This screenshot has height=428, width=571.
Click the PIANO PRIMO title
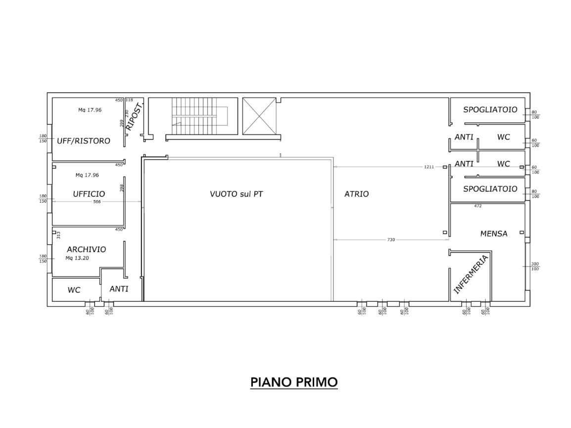[294, 382]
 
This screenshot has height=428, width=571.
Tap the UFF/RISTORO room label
[84, 141]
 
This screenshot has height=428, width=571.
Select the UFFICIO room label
[89, 194]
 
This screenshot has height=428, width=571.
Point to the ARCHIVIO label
[86, 249]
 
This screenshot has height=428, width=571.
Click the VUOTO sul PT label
[237, 194]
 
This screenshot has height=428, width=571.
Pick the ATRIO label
[357, 194]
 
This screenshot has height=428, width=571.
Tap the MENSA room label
[494, 234]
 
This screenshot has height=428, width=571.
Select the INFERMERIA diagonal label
[471, 274]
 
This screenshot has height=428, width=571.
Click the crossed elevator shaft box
[259, 116]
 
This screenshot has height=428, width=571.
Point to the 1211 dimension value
[429, 167]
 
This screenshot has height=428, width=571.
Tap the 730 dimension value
[391, 240]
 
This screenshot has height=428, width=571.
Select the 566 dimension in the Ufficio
[96, 202]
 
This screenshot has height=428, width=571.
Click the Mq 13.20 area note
[77, 258]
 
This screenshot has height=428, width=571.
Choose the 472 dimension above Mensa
[478, 206]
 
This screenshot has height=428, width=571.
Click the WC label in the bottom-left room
[74, 290]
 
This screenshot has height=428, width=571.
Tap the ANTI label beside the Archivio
[119, 289]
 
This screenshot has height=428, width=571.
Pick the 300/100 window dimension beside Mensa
[535, 267]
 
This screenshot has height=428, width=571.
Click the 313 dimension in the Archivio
[58, 235]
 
